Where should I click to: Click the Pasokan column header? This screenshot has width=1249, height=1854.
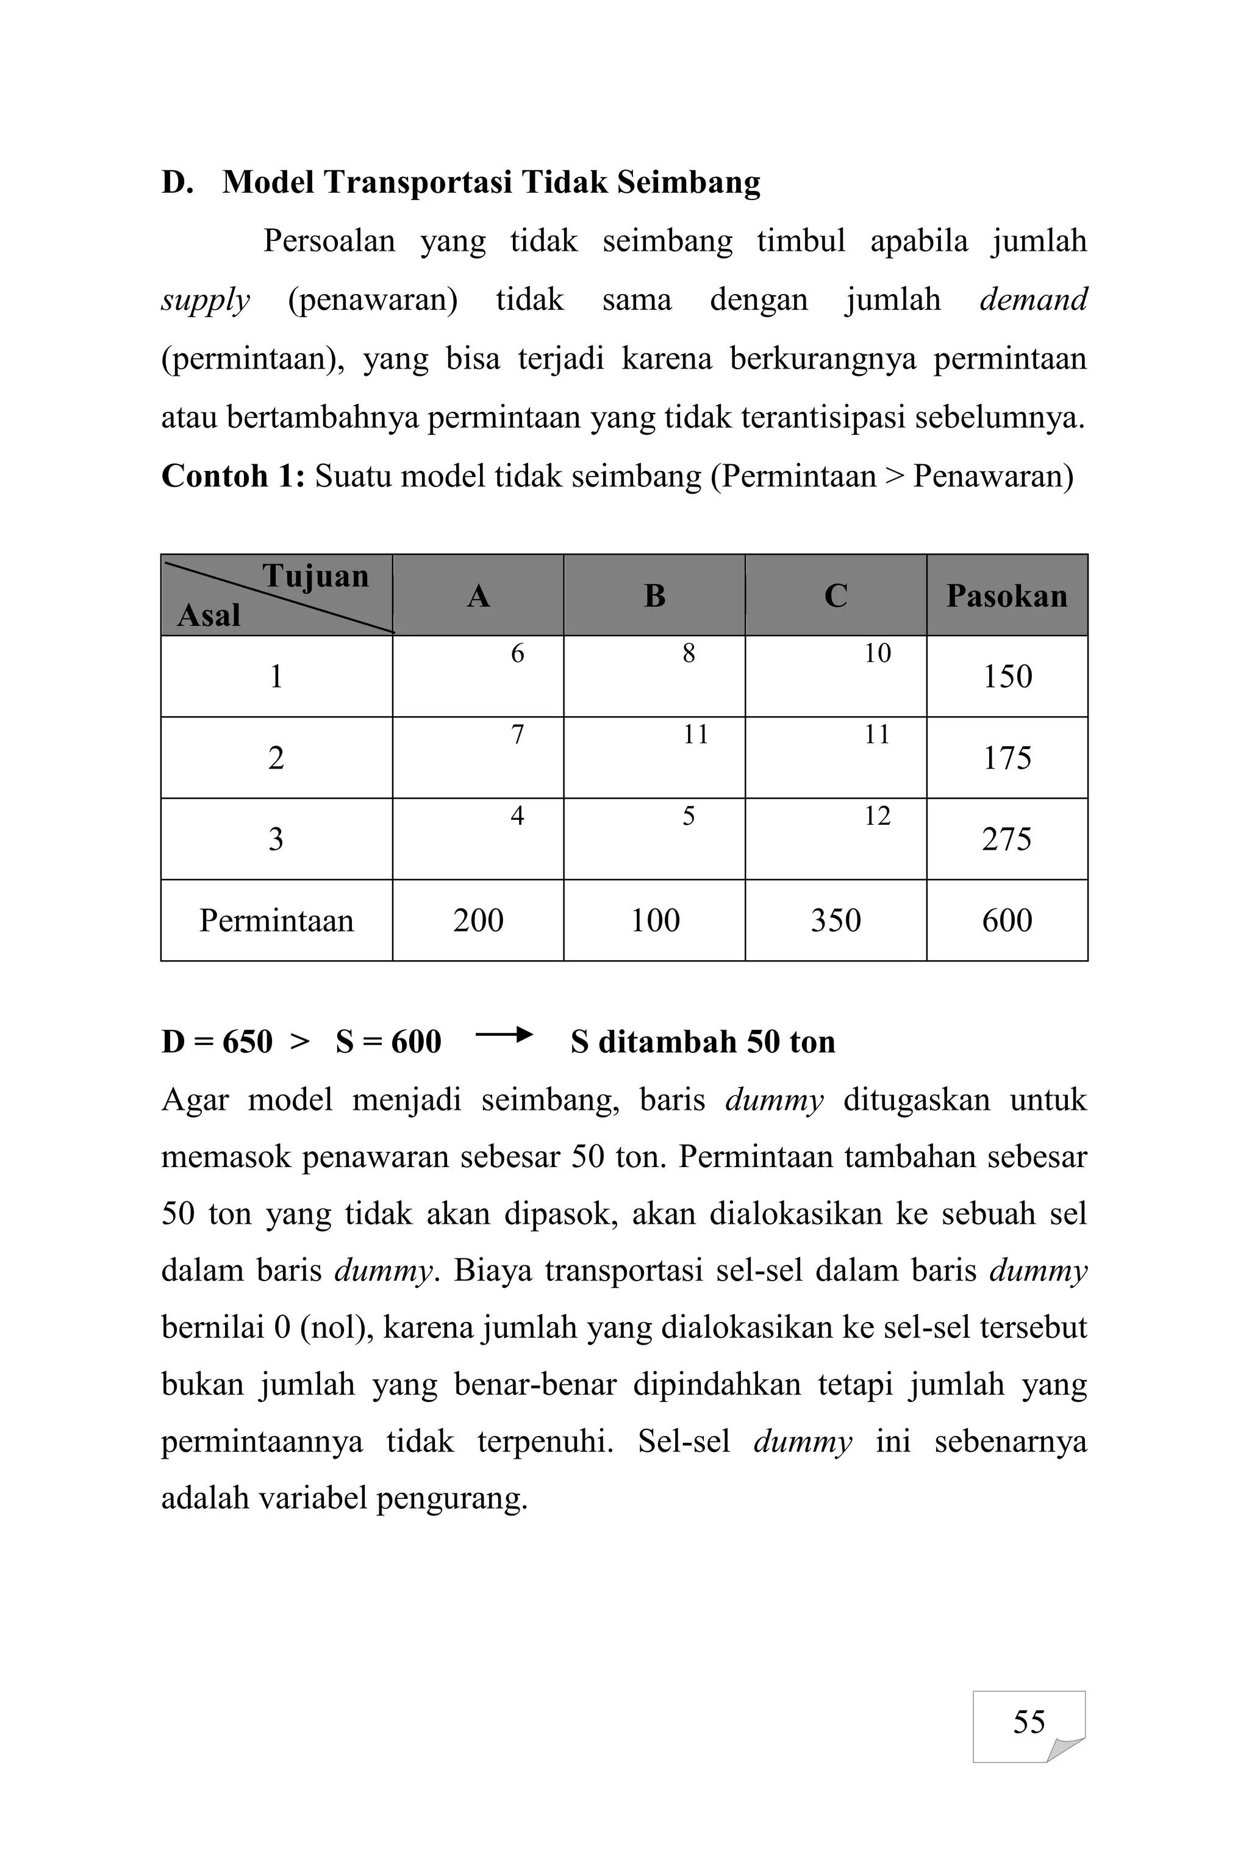tap(1006, 596)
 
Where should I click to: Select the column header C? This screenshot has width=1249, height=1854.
tap(835, 596)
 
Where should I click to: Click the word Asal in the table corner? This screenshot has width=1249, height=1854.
tap(208, 615)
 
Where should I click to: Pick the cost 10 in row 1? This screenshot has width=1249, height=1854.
tap(877, 653)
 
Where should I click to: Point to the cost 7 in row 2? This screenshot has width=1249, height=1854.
tap(517, 735)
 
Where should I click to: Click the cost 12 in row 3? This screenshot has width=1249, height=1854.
tap(877, 816)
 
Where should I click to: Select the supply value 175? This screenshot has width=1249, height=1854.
tap(1006, 758)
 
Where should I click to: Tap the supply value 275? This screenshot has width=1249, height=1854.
tap(1006, 839)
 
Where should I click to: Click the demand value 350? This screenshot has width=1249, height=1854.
tap(835, 920)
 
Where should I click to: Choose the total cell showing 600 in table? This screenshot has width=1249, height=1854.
tap(1006, 920)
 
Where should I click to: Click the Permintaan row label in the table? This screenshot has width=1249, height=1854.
tap(276, 920)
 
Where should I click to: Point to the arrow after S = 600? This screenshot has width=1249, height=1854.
tap(503, 1036)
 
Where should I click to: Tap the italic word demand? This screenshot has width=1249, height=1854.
tap(1032, 300)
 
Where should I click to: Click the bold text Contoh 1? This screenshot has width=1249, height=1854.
tap(232, 476)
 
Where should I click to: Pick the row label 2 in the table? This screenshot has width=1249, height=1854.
tap(276, 758)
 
